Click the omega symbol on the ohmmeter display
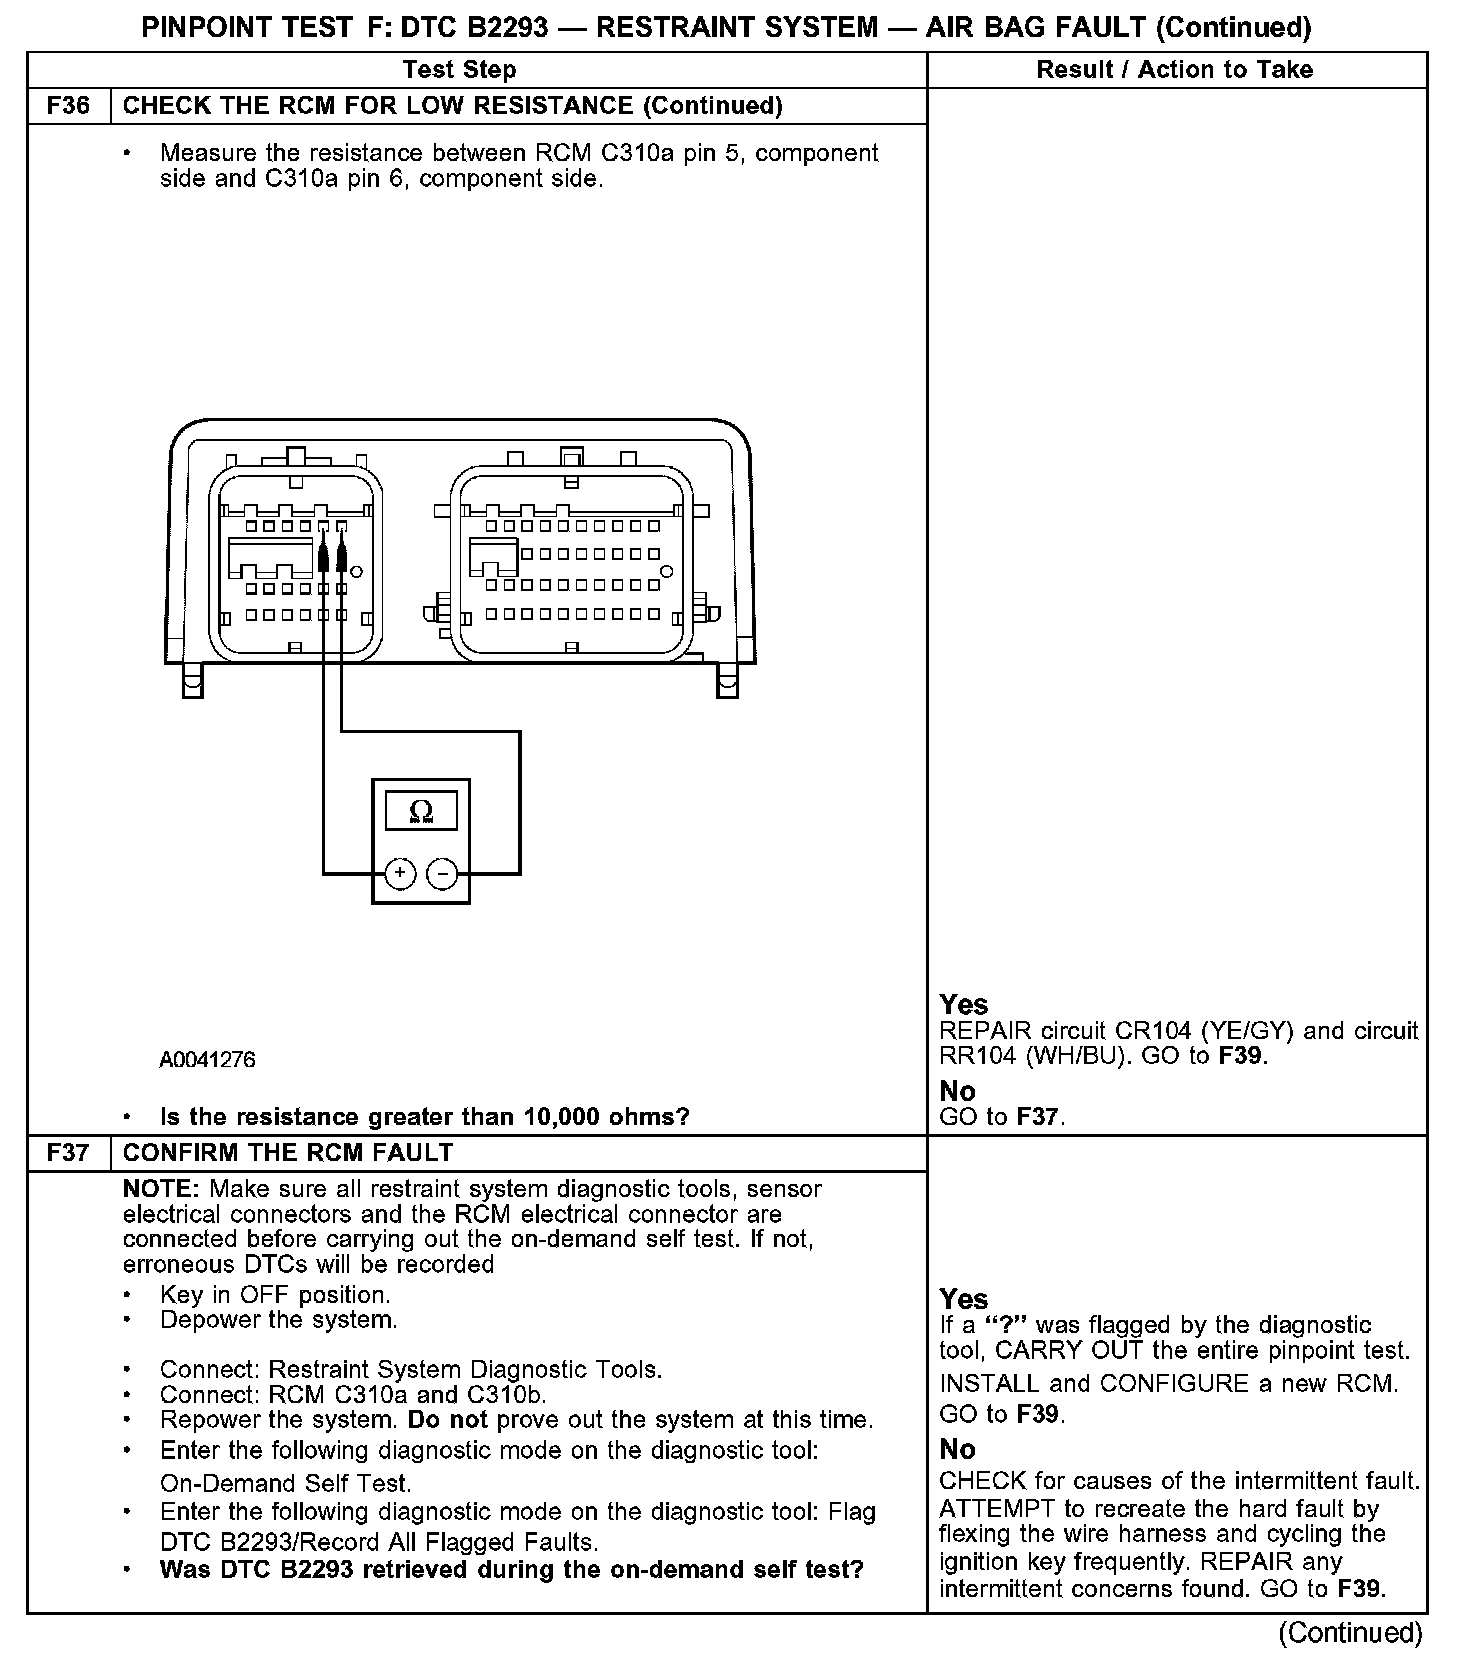pyautogui.click(x=421, y=811)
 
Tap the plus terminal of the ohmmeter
pyautogui.click(x=399, y=873)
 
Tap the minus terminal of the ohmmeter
pyautogui.click(x=442, y=873)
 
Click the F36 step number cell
pyautogui.click(x=68, y=106)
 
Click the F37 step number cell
pyautogui.click(x=68, y=1153)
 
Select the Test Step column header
pyautogui.click(x=459, y=70)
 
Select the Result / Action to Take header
pyautogui.click(x=1174, y=70)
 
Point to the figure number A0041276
pyautogui.click(x=207, y=1060)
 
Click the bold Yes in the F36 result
pyautogui.click(x=964, y=1005)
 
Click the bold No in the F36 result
pyautogui.click(x=957, y=1091)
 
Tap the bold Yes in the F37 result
pyautogui.click(x=964, y=1299)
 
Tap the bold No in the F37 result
pyautogui.click(x=957, y=1449)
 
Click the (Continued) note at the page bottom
pyautogui.click(x=1350, y=1633)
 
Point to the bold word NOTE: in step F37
pyautogui.click(x=162, y=1190)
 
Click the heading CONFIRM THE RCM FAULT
pyautogui.click(x=288, y=1153)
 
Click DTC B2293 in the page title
pyautogui.click(x=475, y=27)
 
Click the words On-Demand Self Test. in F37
pyautogui.click(x=286, y=1483)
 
